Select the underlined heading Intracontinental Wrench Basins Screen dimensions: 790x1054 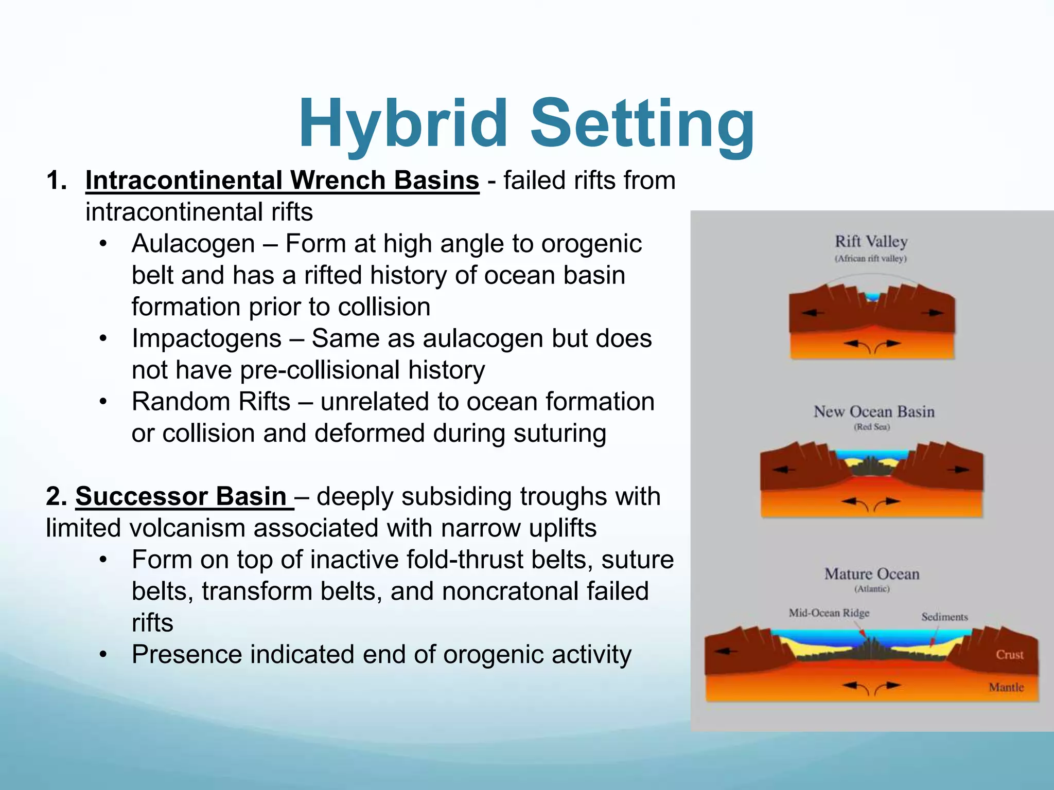282,181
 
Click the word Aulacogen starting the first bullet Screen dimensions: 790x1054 193,244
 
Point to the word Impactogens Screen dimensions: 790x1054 206,338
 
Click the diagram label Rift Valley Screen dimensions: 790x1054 871,241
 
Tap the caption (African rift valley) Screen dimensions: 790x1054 870,258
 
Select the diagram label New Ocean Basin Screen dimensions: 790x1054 873,411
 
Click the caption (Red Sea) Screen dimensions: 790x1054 872,427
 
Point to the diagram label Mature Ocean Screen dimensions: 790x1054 872,574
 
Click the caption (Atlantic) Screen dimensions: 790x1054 872,589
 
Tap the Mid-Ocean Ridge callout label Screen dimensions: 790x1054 829,613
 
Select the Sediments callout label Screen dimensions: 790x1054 944,617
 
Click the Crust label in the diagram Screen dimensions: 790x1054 1009,655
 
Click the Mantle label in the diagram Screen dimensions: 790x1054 1006,687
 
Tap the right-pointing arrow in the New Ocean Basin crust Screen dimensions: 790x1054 958,469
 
